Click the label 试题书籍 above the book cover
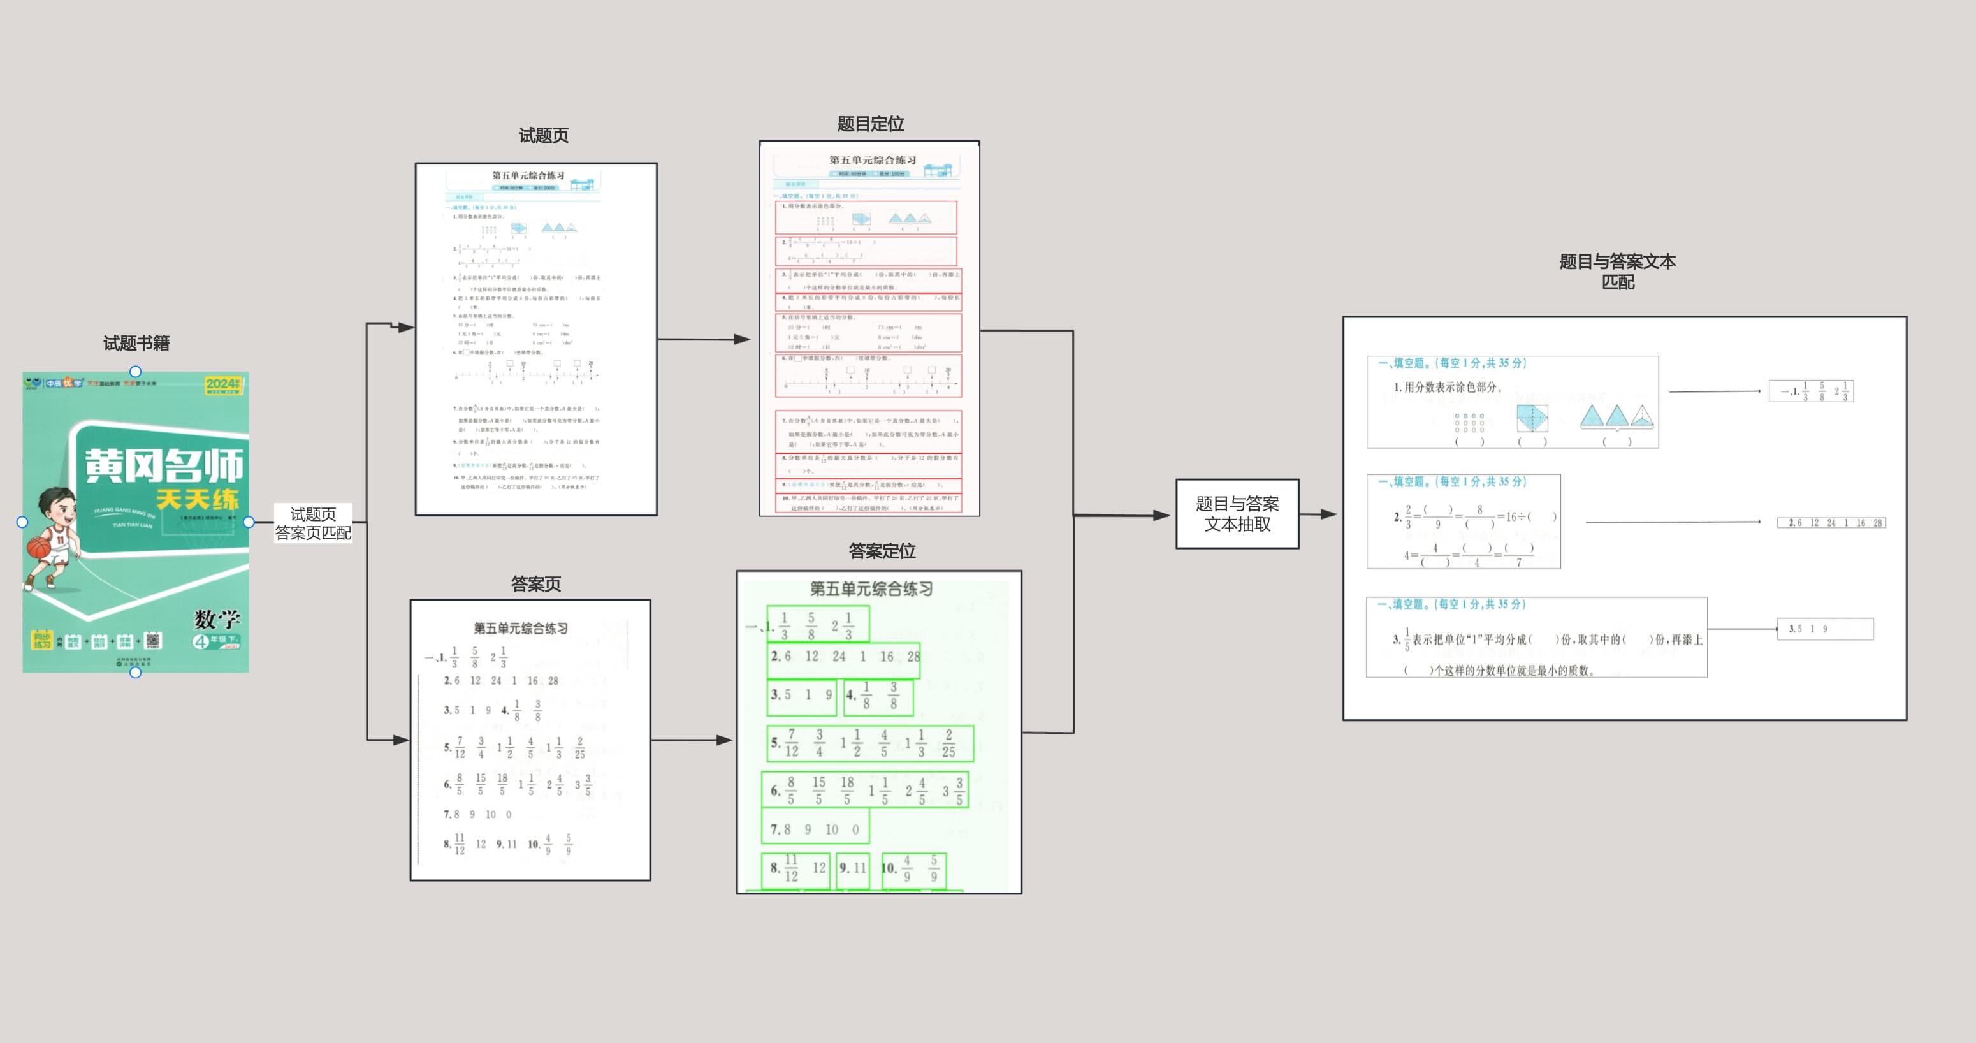pos(136,343)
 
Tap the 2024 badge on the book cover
pos(222,384)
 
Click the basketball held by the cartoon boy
pos(38,547)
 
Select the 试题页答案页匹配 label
pos(313,523)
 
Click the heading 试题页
pos(543,136)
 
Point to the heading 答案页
pos(535,584)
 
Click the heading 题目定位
pos(870,124)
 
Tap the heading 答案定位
pos(882,551)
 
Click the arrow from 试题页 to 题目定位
pos(704,339)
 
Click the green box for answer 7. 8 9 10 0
pos(815,829)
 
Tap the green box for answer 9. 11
pos(852,868)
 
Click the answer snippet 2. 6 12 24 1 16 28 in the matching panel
pos(1830,523)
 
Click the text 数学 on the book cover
pos(217,618)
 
